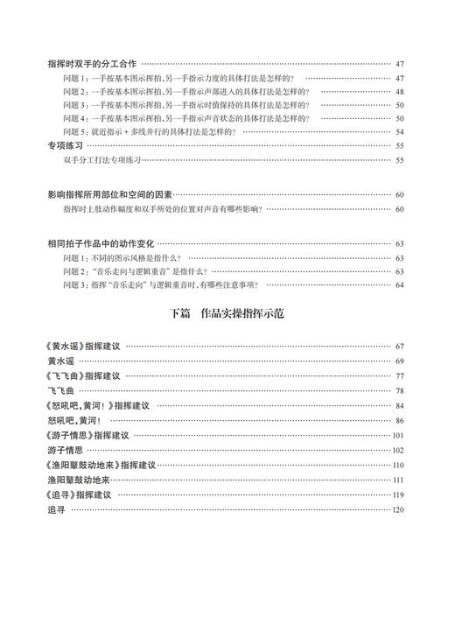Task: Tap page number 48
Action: pos(399,91)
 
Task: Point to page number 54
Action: pos(399,131)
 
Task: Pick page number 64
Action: pos(399,284)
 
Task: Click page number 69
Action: pos(399,361)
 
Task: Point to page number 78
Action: pos(399,391)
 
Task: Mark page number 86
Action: pos(399,421)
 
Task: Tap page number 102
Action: pos(398,451)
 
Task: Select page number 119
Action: pos(398,495)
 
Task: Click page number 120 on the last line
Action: pos(398,510)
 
